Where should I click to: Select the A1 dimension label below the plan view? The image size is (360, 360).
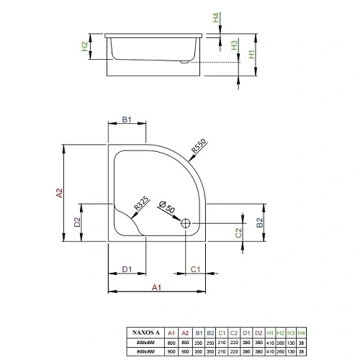[156, 287]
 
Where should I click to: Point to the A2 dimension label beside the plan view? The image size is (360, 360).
[60, 193]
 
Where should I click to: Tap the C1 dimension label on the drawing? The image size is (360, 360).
[194, 269]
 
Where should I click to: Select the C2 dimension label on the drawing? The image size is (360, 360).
[238, 232]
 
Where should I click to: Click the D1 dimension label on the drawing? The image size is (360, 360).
[126, 269]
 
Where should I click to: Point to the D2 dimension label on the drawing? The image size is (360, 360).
[77, 222]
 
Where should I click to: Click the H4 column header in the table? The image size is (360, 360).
[301, 333]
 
